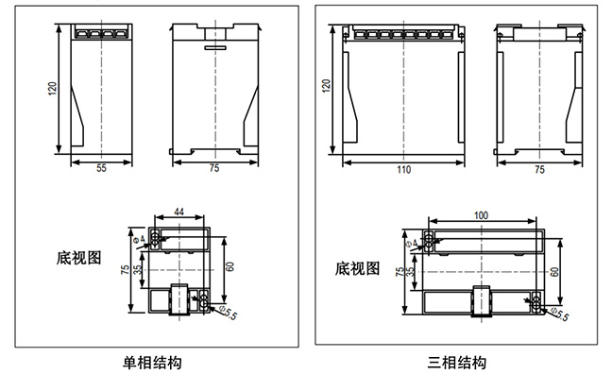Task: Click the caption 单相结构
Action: click(x=152, y=361)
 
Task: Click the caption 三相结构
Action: click(x=457, y=361)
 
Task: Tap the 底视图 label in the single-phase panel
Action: click(x=77, y=256)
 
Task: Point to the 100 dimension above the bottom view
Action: click(x=481, y=216)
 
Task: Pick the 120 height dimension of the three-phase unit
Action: click(x=327, y=87)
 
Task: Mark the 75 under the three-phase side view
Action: click(x=539, y=170)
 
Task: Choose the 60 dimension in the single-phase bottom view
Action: click(x=229, y=265)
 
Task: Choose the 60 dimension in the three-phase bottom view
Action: click(x=555, y=271)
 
